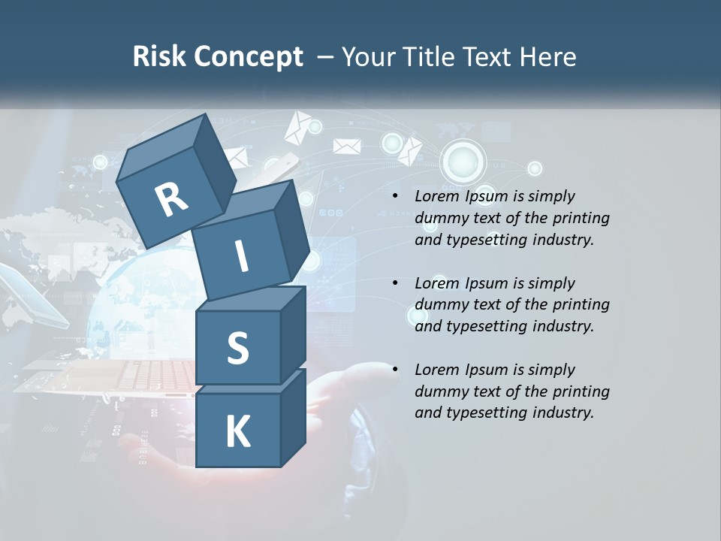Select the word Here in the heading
(547, 57)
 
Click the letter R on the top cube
(171, 200)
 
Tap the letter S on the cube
(237, 348)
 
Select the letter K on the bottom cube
(237, 432)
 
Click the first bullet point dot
(395, 197)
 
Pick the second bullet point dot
(395, 283)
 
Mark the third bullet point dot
(395, 370)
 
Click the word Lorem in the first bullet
(436, 196)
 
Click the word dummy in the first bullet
(439, 218)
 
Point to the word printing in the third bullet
(581, 391)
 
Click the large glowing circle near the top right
(463, 160)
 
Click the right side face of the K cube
(293, 417)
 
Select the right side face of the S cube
(293, 334)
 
